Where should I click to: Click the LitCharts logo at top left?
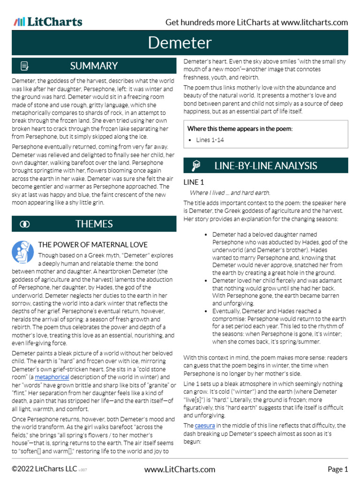coord(48,22)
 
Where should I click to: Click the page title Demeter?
coord(180,43)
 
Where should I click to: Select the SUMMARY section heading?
coord(94,66)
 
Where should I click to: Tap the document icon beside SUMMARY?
coord(25,66)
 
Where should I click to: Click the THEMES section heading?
coord(94,224)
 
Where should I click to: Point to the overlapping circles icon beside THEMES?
coord(25,224)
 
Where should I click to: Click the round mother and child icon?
coord(22,252)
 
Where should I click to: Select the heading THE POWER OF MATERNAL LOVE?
coord(92,244)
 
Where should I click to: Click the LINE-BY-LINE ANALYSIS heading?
coord(265,165)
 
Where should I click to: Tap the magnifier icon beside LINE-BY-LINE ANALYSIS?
coord(196,165)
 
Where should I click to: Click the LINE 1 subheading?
coord(194,182)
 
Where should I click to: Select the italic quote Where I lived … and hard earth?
coord(230,193)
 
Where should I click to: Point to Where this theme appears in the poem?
coord(240,128)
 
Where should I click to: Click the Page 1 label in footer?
coord(337,469)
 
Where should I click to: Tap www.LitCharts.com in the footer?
coord(180,469)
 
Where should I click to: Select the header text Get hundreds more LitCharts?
coord(256,22)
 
